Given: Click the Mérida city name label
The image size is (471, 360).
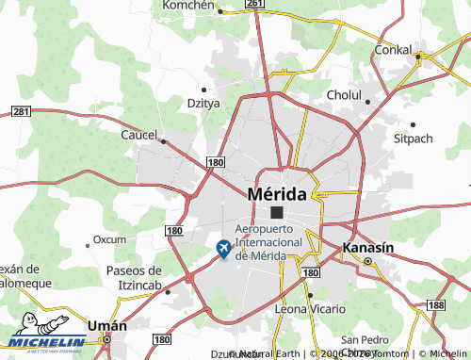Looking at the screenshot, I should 276,193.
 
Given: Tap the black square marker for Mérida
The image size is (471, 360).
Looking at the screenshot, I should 277,213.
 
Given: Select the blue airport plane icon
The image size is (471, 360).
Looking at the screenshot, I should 224,248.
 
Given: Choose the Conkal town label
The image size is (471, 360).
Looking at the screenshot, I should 393,48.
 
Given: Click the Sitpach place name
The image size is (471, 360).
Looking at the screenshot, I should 413,138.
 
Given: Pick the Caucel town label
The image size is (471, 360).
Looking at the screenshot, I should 138,135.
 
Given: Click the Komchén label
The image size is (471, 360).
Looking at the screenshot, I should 191,5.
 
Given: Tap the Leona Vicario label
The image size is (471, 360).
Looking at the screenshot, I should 310,309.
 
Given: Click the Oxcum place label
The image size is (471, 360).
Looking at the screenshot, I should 109,239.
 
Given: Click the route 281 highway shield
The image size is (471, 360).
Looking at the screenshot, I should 22,111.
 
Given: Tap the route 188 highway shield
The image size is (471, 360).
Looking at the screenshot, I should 435,305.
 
